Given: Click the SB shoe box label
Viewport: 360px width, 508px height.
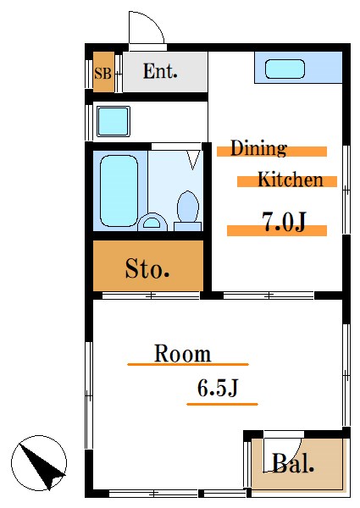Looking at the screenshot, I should point(102,74).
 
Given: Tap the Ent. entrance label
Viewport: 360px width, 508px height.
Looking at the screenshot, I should point(159,72).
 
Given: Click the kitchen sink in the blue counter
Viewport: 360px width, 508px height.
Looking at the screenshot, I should point(285,69).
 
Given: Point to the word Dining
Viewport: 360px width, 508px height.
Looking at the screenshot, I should point(258,149).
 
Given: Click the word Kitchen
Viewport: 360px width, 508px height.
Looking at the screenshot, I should point(290,179).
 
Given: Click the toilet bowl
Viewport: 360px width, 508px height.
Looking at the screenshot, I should point(187,208).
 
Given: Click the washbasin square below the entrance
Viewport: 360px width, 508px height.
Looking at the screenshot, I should point(112,121).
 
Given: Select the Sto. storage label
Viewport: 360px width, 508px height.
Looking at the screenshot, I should point(148,270).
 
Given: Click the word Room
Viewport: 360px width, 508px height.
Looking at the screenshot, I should point(182,354).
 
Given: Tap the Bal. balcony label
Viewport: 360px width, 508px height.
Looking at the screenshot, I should point(293,463).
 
